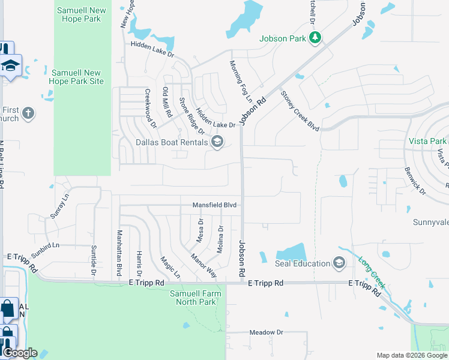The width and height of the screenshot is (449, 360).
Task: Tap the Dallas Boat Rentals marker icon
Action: [x=217, y=142]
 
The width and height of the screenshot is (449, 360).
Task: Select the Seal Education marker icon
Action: [x=339, y=263]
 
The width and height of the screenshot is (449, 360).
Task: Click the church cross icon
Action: [x=28, y=113]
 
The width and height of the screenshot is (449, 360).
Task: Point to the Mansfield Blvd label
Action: [x=214, y=205]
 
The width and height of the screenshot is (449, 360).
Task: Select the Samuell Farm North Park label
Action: [x=196, y=298]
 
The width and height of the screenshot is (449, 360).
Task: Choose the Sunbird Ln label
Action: [x=46, y=245]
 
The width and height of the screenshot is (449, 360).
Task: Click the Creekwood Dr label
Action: [x=150, y=109]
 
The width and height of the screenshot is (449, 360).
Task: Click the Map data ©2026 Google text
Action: [x=411, y=355]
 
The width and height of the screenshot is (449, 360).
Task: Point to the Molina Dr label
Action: [x=220, y=239]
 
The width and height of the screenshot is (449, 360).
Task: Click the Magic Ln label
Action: [x=170, y=267]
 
